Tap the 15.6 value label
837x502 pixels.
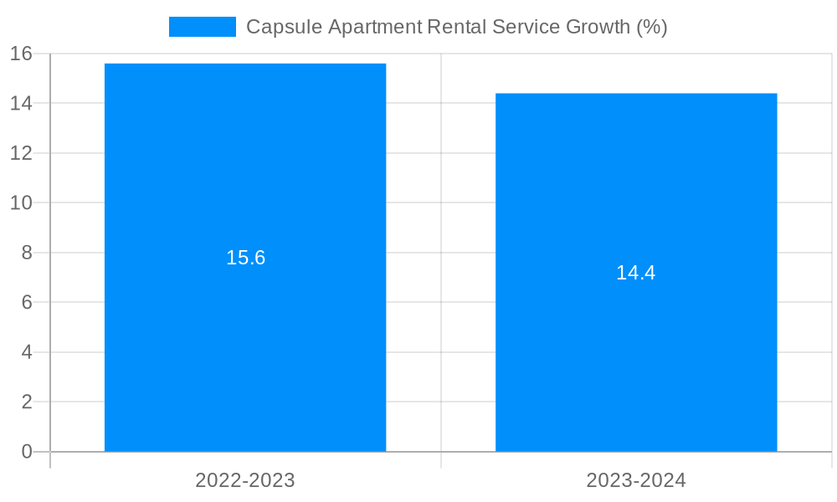click(x=245, y=258)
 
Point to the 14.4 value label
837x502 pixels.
click(x=636, y=273)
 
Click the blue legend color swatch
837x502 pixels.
click(x=203, y=27)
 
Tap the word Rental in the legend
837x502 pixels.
click(x=453, y=27)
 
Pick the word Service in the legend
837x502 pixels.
click(x=523, y=27)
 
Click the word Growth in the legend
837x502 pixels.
click(x=598, y=27)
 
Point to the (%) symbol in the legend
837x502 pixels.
click(x=652, y=27)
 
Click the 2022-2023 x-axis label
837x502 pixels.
click(x=245, y=480)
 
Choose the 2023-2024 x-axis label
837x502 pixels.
click(x=636, y=480)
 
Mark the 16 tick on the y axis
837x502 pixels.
click(x=21, y=54)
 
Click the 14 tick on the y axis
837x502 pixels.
click(x=21, y=104)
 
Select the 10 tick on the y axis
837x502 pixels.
click(x=21, y=203)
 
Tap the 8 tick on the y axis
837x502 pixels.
click(x=26, y=253)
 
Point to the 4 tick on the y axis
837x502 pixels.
click(x=26, y=352)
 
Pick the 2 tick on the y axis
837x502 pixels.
click(x=26, y=402)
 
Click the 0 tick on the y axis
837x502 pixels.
click(x=26, y=452)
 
